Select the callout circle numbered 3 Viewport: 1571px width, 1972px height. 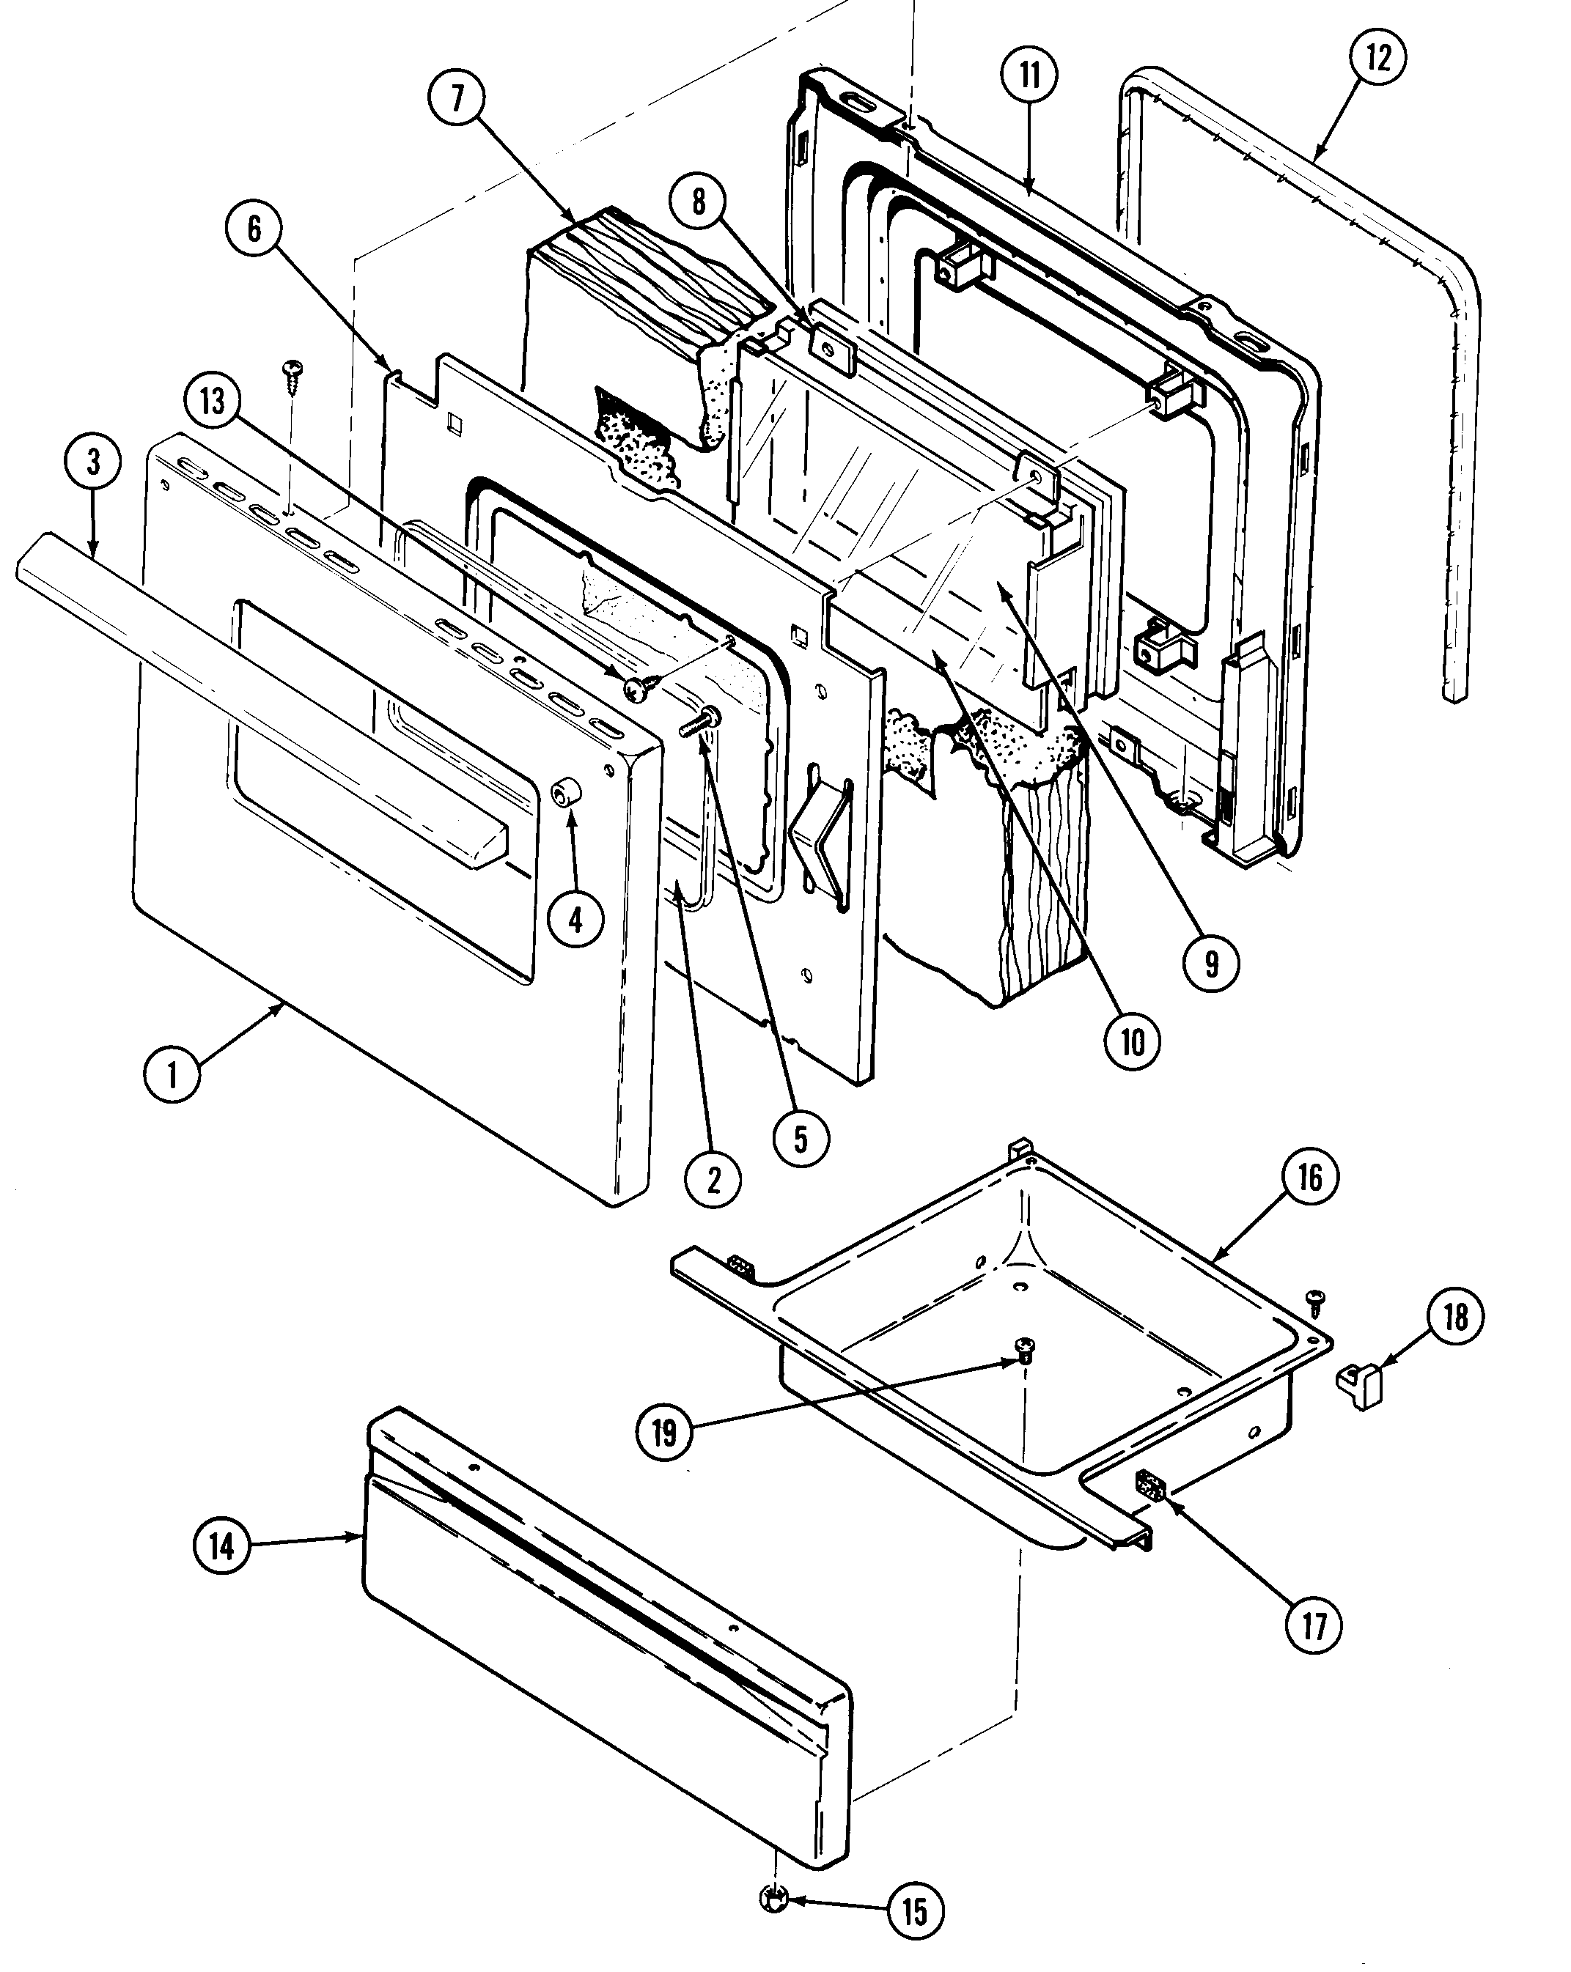tap(93, 463)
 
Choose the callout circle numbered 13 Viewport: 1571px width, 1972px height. tap(213, 401)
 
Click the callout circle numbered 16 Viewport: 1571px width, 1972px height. tap(1310, 1177)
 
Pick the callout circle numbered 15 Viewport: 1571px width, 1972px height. tap(915, 1910)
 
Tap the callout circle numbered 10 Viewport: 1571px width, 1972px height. tap(1133, 1041)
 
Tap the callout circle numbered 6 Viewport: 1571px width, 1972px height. tap(254, 229)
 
